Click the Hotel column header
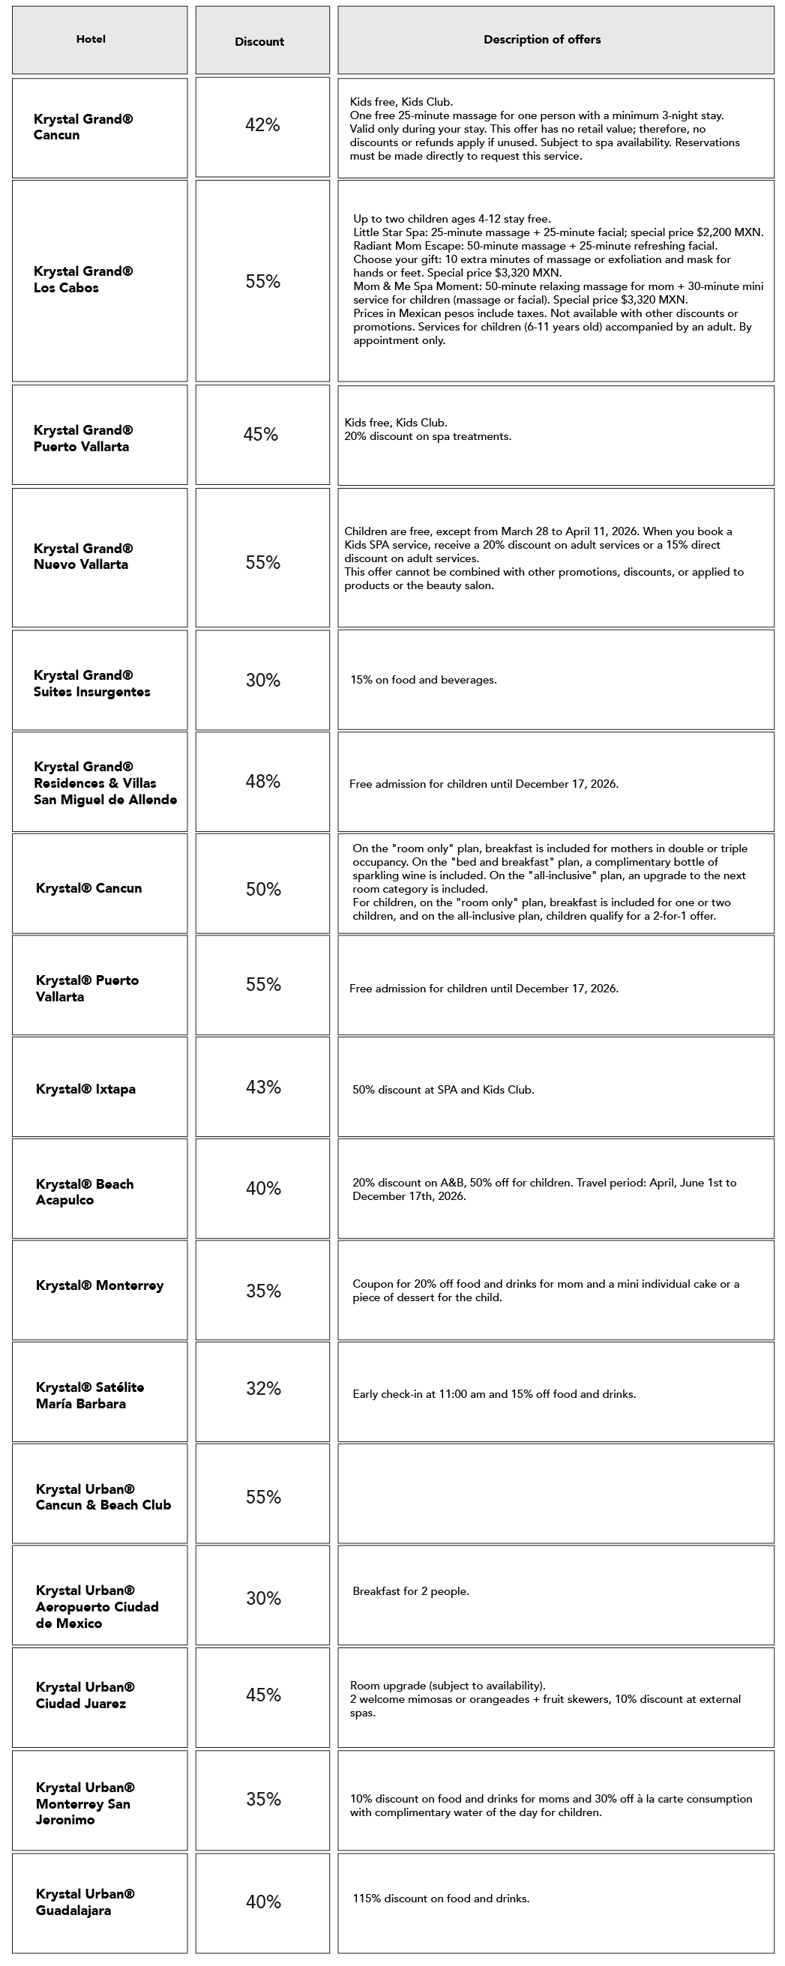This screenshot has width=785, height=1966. pyautogui.click(x=91, y=39)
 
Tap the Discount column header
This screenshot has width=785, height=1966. pyautogui.click(x=259, y=42)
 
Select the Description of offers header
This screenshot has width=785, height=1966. pyautogui.click(x=541, y=40)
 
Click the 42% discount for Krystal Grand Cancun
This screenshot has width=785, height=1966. pyautogui.click(x=262, y=125)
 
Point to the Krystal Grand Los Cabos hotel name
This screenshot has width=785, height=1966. pyautogui.click(x=83, y=280)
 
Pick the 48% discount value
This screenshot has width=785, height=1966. pyautogui.click(x=262, y=781)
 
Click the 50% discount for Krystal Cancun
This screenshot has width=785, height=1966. pyautogui.click(x=263, y=889)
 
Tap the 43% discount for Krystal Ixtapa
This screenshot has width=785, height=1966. pyautogui.click(x=263, y=1087)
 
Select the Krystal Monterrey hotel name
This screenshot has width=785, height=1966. pyautogui.click(x=99, y=1285)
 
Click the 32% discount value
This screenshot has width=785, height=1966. pyautogui.click(x=263, y=1388)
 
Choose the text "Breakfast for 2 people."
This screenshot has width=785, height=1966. pyautogui.click(x=411, y=1591)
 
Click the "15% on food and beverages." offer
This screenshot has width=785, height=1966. pyautogui.click(x=423, y=680)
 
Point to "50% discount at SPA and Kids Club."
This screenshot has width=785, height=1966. pyautogui.click(x=443, y=1090)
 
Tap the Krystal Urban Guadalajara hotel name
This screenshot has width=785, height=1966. pyautogui.click(x=85, y=1902)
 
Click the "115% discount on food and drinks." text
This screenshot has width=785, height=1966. pyautogui.click(x=441, y=1898)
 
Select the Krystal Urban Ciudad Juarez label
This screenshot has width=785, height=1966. pyautogui.click(x=85, y=1695)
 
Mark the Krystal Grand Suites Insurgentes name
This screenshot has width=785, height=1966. pyautogui.click(x=91, y=683)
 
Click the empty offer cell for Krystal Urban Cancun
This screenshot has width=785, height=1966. pyautogui.click(x=555, y=1494)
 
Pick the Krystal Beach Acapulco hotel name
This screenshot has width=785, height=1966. pyautogui.click(x=84, y=1191)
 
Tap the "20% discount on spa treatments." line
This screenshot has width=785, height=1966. pyautogui.click(x=427, y=436)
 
